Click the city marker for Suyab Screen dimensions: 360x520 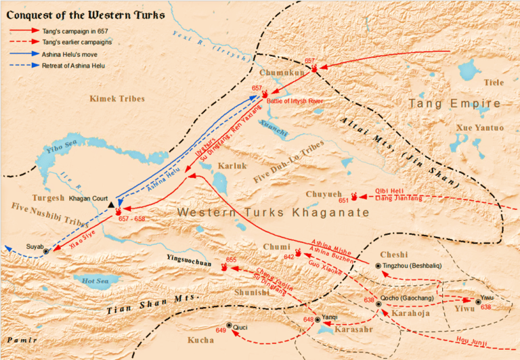pos(46,251)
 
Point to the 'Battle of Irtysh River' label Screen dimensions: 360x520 pos(295,101)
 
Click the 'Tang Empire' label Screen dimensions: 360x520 pos(454,104)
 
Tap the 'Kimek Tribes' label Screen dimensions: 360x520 pos(117,99)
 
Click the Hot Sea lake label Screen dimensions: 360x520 pos(93,279)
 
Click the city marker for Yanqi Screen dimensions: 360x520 pos(317,319)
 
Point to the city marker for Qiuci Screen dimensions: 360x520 pos(229,325)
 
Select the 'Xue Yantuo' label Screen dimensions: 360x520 pos(480,128)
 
